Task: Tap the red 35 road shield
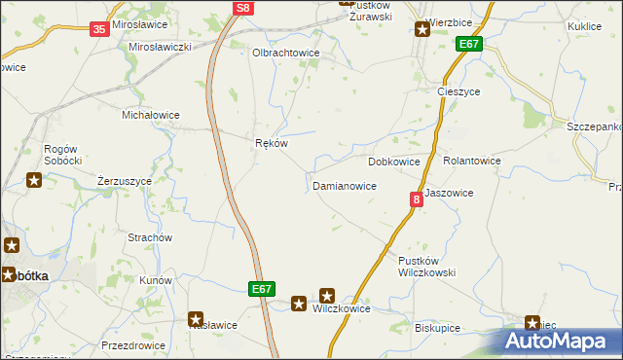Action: pos(99,30)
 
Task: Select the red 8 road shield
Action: pos(417,199)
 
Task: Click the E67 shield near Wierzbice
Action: pos(469,45)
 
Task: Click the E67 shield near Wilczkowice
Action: pos(261,289)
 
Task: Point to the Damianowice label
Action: pos(344,185)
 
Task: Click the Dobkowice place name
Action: pos(394,161)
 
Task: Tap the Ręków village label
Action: pos(271,143)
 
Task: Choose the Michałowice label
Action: pos(150,115)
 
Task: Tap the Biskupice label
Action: pos(437,328)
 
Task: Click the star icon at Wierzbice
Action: pos(422,29)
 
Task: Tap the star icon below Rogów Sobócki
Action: pos(34,179)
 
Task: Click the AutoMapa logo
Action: pos(561,342)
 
